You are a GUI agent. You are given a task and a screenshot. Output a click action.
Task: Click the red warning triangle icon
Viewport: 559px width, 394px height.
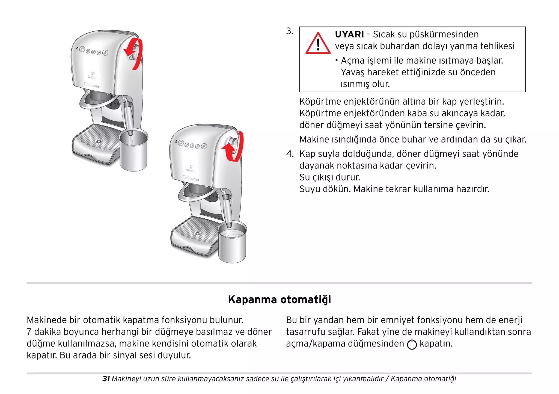pos(318,44)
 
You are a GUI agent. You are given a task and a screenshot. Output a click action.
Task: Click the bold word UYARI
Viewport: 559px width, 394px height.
pos(349,34)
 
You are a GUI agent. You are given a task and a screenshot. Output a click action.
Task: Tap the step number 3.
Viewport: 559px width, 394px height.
pos(289,31)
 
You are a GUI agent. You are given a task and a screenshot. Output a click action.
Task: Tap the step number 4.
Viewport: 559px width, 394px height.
pos(290,154)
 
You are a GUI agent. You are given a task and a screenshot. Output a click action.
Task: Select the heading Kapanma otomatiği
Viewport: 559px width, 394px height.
pos(279,300)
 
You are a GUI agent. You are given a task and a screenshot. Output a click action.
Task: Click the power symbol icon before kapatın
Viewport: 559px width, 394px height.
pos(412,344)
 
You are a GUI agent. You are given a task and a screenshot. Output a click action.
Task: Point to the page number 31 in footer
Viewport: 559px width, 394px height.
pos(106,379)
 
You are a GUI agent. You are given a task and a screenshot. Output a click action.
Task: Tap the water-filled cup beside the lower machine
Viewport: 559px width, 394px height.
pos(232,243)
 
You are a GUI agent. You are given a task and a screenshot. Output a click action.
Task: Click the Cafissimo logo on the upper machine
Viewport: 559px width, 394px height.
pos(92,85)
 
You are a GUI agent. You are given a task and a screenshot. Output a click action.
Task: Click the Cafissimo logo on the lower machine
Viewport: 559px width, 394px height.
pos(191,178)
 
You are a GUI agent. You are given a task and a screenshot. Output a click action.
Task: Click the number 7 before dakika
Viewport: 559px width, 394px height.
pos(29,332)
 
